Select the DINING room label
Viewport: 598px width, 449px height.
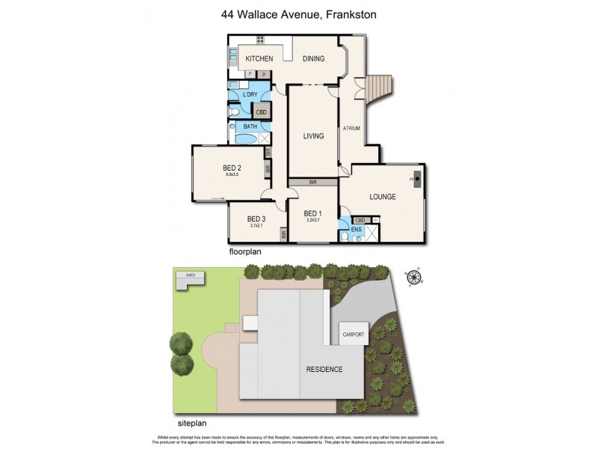313,59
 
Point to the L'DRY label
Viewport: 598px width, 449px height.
250,94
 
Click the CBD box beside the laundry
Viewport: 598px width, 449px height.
261,112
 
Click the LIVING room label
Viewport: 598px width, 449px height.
313,136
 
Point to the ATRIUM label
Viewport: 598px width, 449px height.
351,129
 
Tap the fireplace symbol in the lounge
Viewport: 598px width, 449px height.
417,180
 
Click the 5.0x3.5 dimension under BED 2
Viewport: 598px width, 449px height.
232,174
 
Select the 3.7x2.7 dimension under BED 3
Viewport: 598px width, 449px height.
256,226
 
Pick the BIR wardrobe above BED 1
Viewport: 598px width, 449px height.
313,181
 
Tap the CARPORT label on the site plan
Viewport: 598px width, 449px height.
354,335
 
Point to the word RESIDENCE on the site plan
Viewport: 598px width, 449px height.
324,370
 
